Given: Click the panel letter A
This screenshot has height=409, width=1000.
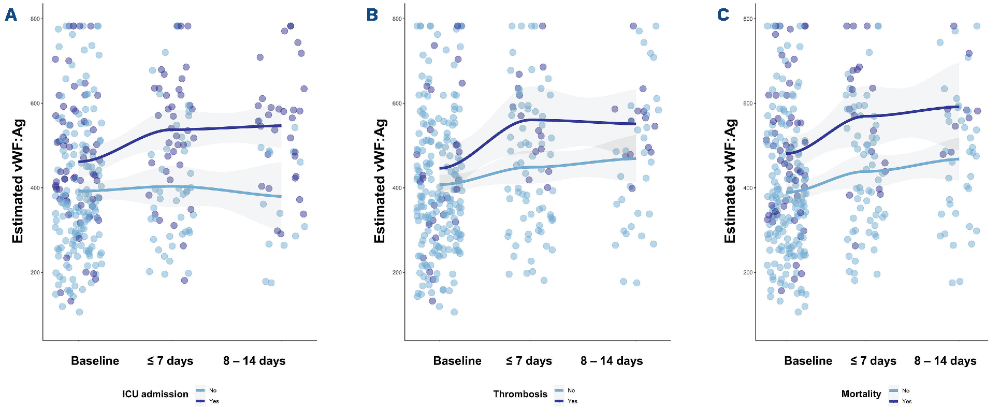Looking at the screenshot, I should click(11, 14).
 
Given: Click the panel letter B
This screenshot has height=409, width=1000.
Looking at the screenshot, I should click(372, 14).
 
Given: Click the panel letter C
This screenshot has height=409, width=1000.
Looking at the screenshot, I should click(723, 14).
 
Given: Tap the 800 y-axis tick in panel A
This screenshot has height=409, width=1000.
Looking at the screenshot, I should click(35, 19).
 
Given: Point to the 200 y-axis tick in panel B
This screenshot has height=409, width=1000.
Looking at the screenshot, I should click(397, 272).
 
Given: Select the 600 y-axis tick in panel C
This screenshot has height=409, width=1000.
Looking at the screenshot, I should click(748, 104).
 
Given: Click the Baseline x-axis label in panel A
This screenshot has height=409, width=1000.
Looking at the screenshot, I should click(95, 361).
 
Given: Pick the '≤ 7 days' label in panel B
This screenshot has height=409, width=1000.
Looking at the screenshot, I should click(529, 361).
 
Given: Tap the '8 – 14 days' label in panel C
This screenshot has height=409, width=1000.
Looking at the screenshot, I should click(945, 361).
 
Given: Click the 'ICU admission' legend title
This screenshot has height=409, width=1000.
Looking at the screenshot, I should click(155, 394).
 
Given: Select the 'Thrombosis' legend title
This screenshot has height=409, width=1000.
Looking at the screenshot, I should click(520, 394).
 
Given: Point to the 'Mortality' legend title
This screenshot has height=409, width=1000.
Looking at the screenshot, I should click(861, 394).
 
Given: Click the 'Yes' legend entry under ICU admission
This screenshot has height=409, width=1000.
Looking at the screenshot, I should click(214, 401).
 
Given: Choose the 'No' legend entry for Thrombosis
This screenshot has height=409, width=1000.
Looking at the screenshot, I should click(571, 390).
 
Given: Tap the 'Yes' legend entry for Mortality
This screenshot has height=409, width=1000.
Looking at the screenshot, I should click(907, 401).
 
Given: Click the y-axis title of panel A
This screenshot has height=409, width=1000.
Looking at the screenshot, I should click(18, 181).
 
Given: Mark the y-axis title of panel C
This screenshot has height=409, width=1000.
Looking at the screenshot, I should click(730, 181).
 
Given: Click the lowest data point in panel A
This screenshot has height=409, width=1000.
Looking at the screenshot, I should click(79, 312).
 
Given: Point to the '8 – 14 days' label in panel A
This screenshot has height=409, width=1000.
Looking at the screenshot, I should click(254, 361).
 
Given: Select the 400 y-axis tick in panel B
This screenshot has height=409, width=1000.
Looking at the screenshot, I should click(397, 188).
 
